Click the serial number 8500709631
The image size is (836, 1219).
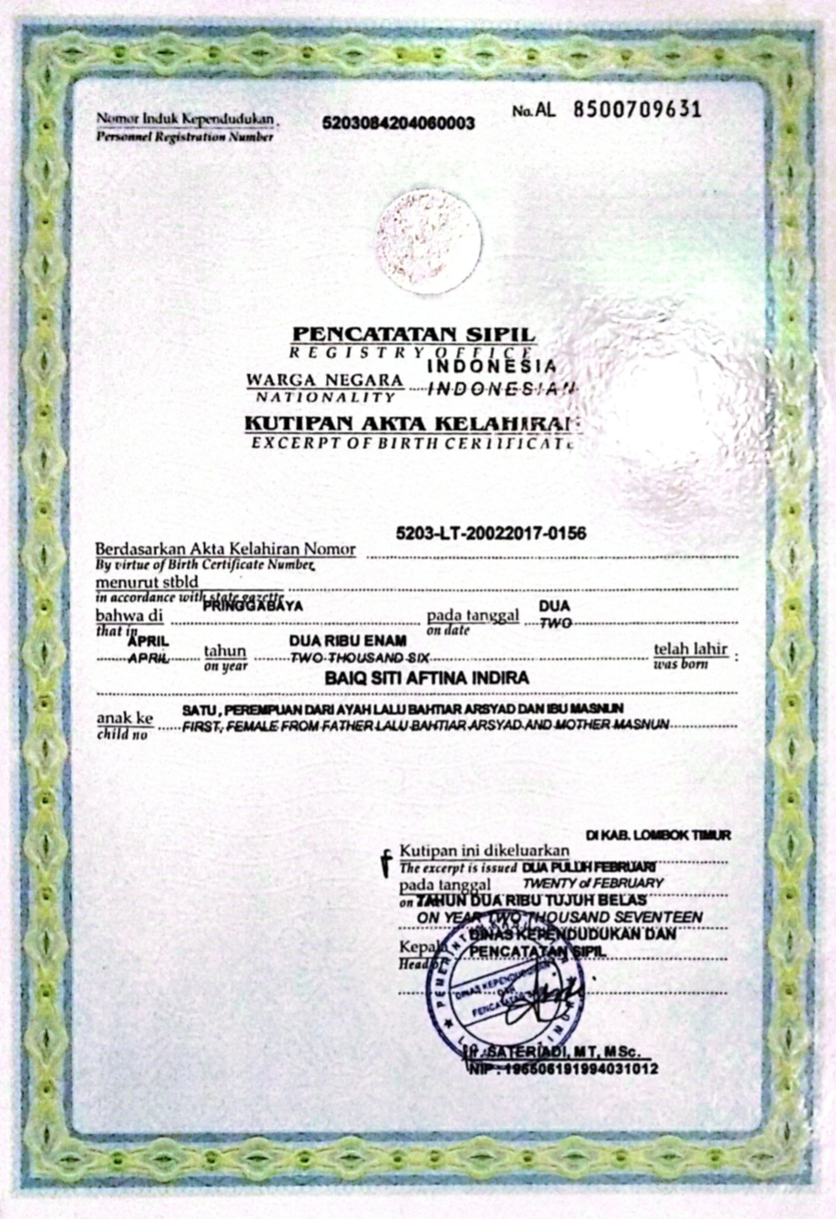click(x=637, y=110)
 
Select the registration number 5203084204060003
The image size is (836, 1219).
click(x=398, y=124)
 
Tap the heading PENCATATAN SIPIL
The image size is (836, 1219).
click(x=413, y=334)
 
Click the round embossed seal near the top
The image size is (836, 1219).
click(x=428, y=241)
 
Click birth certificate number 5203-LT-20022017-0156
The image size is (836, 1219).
click(x=491, y=533)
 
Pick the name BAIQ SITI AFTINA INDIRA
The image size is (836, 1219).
click(x=426, y=678)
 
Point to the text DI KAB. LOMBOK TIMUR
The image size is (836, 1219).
click(x=658, y=835)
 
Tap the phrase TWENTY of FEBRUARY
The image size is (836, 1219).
click(x=593, y=882)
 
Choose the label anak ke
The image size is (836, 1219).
click(x=125, y=718)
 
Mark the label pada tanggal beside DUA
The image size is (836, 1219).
click(x=474, y=615)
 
